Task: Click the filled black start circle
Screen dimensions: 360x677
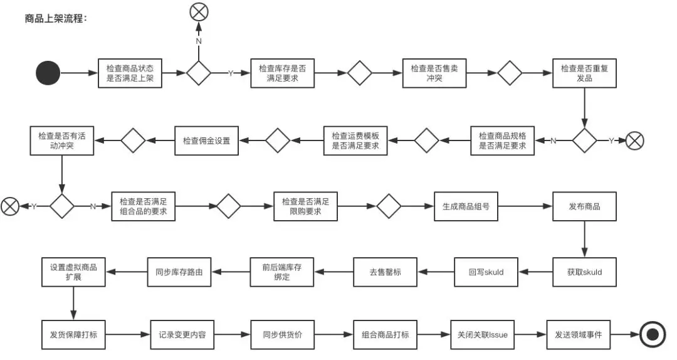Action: coord(48,73)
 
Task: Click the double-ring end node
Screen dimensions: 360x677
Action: coord(653,335)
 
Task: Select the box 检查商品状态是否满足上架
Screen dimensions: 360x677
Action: coord(130,73)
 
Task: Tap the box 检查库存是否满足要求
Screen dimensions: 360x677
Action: coord(282,73)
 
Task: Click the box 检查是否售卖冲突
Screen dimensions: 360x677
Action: coord(434,73)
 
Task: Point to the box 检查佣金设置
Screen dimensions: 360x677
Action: coord(206,140)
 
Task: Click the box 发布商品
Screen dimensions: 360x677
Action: coord(584,206)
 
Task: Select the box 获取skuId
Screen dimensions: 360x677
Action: coord(584,272)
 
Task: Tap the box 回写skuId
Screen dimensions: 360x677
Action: coord(486,272)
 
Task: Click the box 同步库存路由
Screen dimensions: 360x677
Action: coord(179,272)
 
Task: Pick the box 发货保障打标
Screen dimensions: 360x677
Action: coord(73,335)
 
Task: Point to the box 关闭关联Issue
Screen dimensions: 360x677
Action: coord(482,335)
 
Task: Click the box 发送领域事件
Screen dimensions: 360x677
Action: coord(579,335)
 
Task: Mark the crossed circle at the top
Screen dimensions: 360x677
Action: coord(199,11)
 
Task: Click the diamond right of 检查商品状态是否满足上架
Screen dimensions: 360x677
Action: coord(199,73)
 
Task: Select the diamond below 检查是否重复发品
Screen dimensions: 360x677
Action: coord(584,140)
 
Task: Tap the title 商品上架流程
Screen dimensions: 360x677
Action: coord(56,18)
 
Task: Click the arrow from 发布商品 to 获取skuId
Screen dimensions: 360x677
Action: coord(584,238)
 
